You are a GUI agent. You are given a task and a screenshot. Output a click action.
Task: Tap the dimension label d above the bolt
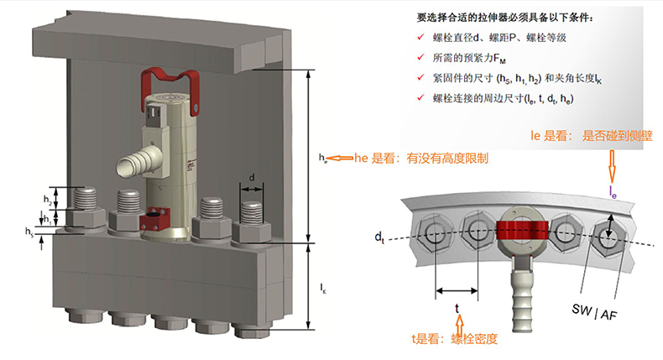pyautogui.click(x=252, y=177)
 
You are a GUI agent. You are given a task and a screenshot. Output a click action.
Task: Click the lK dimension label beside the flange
pyautogui.click(x=324, y=288)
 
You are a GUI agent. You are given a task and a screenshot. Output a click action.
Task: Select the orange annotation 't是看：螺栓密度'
pyautogui.click(x=454, y=339)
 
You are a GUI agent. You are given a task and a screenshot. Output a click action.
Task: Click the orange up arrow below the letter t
pyautogui.click(x=457, y=321)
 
